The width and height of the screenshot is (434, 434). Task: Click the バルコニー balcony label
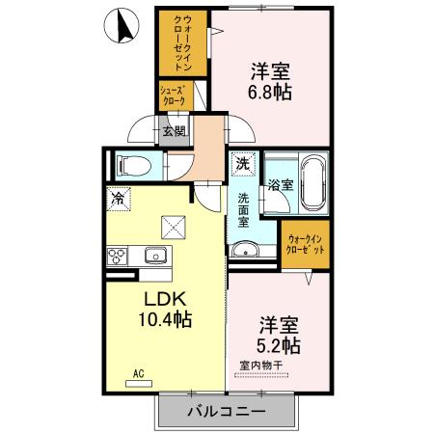click(225, 411)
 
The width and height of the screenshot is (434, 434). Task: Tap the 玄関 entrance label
click(173, 131)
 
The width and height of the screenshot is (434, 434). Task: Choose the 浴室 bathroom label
click(280, 184)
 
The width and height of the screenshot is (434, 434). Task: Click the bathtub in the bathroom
click(313, 185)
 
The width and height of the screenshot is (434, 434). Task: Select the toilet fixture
click(131, 165)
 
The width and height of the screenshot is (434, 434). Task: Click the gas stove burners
click(119, 256)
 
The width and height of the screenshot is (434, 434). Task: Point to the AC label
click(137, 372)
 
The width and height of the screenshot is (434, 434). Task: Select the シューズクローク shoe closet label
click(176, 94)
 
